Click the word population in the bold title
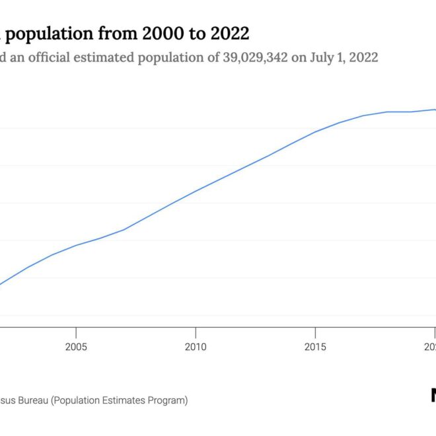click(x=54, y=33)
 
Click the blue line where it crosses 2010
click(x=196, y=191)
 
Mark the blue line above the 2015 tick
click(x=315, y=131)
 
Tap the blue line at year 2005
click(x=77, y=245)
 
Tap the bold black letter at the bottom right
click(x=433, y=395)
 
